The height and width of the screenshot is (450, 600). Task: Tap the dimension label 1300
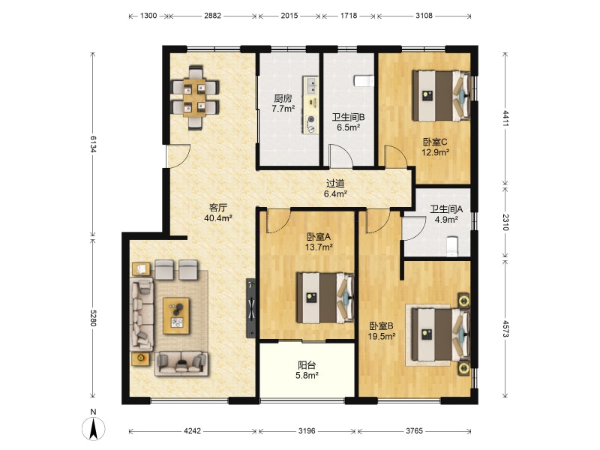(x=148, y=16)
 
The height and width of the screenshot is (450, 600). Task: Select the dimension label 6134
(x=93, y=144)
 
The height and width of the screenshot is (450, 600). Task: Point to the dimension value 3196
(x=307, y=430)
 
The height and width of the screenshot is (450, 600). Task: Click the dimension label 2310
(x=505, y=222)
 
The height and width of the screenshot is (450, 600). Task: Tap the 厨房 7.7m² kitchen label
(x=283, y=103)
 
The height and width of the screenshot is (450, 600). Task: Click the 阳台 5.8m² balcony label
(x=307, y=370)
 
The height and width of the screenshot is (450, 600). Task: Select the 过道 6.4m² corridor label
(x=335, y=189)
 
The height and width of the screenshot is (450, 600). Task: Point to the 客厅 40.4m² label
(x=218, y=213)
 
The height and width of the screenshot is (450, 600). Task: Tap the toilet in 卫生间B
(x=364, y=81)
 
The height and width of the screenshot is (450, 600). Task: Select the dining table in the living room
(x=194, y=97)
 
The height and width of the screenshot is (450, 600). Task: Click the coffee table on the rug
(x=176, y=316)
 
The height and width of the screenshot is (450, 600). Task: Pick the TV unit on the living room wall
(x=251, y=308)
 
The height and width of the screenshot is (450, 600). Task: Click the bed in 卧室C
(x=441, y=96)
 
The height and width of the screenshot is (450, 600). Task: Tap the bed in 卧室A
(x=325, y=298)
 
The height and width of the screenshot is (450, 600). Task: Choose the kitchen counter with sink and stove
(x=310, y=105)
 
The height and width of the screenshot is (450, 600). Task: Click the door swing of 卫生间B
(x=341, y=156)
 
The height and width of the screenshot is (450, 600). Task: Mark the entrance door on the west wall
(x=178, y=156)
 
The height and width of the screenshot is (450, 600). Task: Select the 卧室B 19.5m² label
(x=381, y=331)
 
